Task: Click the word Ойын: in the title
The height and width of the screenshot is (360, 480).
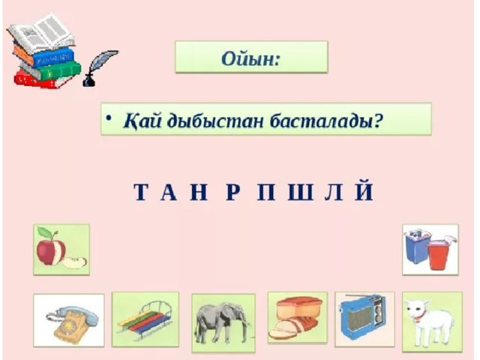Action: click(250, 58)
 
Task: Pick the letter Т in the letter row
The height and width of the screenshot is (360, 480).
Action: click(142, 192)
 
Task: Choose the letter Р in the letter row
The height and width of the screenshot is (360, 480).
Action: click(232, 192)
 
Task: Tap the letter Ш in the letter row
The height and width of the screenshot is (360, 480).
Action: click(301, 192)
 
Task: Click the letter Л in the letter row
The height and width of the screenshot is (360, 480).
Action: click(334, 192)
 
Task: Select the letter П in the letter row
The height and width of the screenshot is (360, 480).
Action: click(266, 192)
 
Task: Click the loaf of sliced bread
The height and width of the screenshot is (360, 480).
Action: click(296, 317)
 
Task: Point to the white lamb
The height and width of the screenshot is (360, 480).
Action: click(430, 322)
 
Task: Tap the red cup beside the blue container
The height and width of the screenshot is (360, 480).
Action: click(438, 255)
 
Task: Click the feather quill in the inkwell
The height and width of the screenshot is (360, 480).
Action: click(99, 68)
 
